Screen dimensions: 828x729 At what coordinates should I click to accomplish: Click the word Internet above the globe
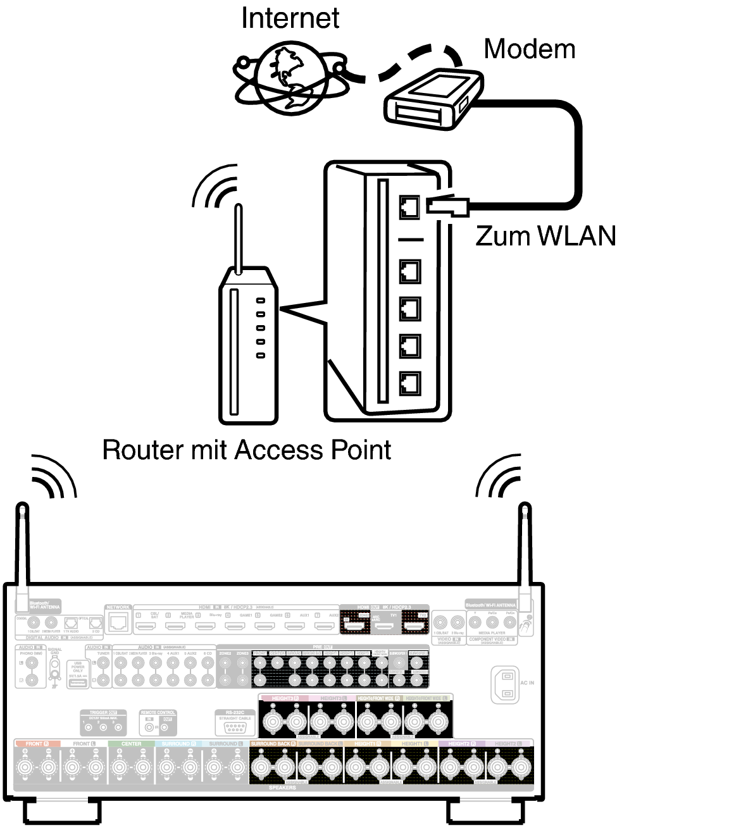[x=290, y=18]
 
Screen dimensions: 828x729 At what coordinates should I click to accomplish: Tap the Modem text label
[x=529, y=49]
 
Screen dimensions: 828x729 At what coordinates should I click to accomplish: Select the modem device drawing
[x=433, y=100]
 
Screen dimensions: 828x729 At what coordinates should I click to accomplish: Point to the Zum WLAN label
[x=545, y=236]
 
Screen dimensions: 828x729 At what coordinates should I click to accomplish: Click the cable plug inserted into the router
[x=447, y=206]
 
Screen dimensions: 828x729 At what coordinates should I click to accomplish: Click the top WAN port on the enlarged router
[x=410, y=206]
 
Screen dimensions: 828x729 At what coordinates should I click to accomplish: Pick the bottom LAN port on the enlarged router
[x=410, y=383]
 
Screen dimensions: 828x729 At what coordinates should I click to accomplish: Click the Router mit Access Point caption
[x=246, y=450]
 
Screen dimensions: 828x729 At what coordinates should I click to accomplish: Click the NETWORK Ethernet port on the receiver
[x=118, y=623]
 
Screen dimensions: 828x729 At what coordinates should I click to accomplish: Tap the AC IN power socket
[x=505, y=685]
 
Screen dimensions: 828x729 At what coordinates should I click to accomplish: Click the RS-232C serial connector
[x=235, y=727]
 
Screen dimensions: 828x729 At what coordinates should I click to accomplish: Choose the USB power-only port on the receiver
[x=78, y=683]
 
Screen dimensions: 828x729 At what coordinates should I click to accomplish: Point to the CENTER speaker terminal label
[x=131, y=744]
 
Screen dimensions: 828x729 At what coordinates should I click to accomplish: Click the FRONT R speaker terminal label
[x=37, y=744]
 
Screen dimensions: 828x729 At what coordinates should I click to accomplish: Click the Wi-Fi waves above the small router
[x=215, y=187]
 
